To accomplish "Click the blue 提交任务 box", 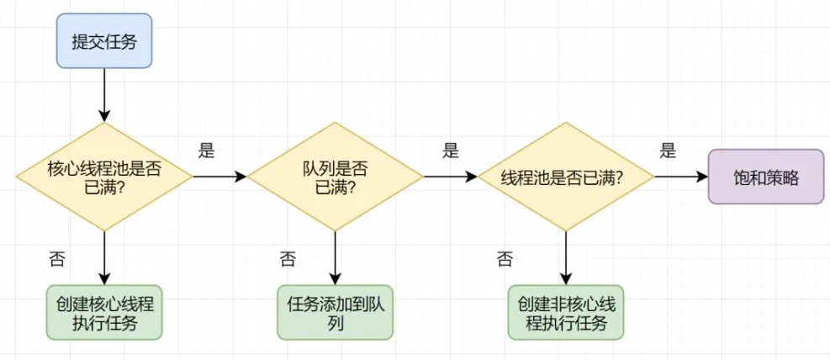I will point(104,40).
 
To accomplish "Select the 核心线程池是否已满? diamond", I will point(104,177).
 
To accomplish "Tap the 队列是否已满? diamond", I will point(335,177).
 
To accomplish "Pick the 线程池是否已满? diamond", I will point(566,177).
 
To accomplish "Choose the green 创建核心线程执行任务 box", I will point(104,312).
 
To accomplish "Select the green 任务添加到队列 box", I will point(335,312).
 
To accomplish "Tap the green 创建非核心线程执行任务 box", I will point(566,312).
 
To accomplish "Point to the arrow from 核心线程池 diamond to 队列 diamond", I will point(219,177).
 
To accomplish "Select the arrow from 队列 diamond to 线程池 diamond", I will point(450,177).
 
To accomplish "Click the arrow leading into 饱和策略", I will point(681,177).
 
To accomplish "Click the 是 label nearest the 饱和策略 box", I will point(668,151).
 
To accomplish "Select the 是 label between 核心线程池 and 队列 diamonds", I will point(206,151).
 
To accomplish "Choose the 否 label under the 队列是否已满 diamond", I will point(288,258).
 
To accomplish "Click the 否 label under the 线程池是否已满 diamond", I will point(505,258).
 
